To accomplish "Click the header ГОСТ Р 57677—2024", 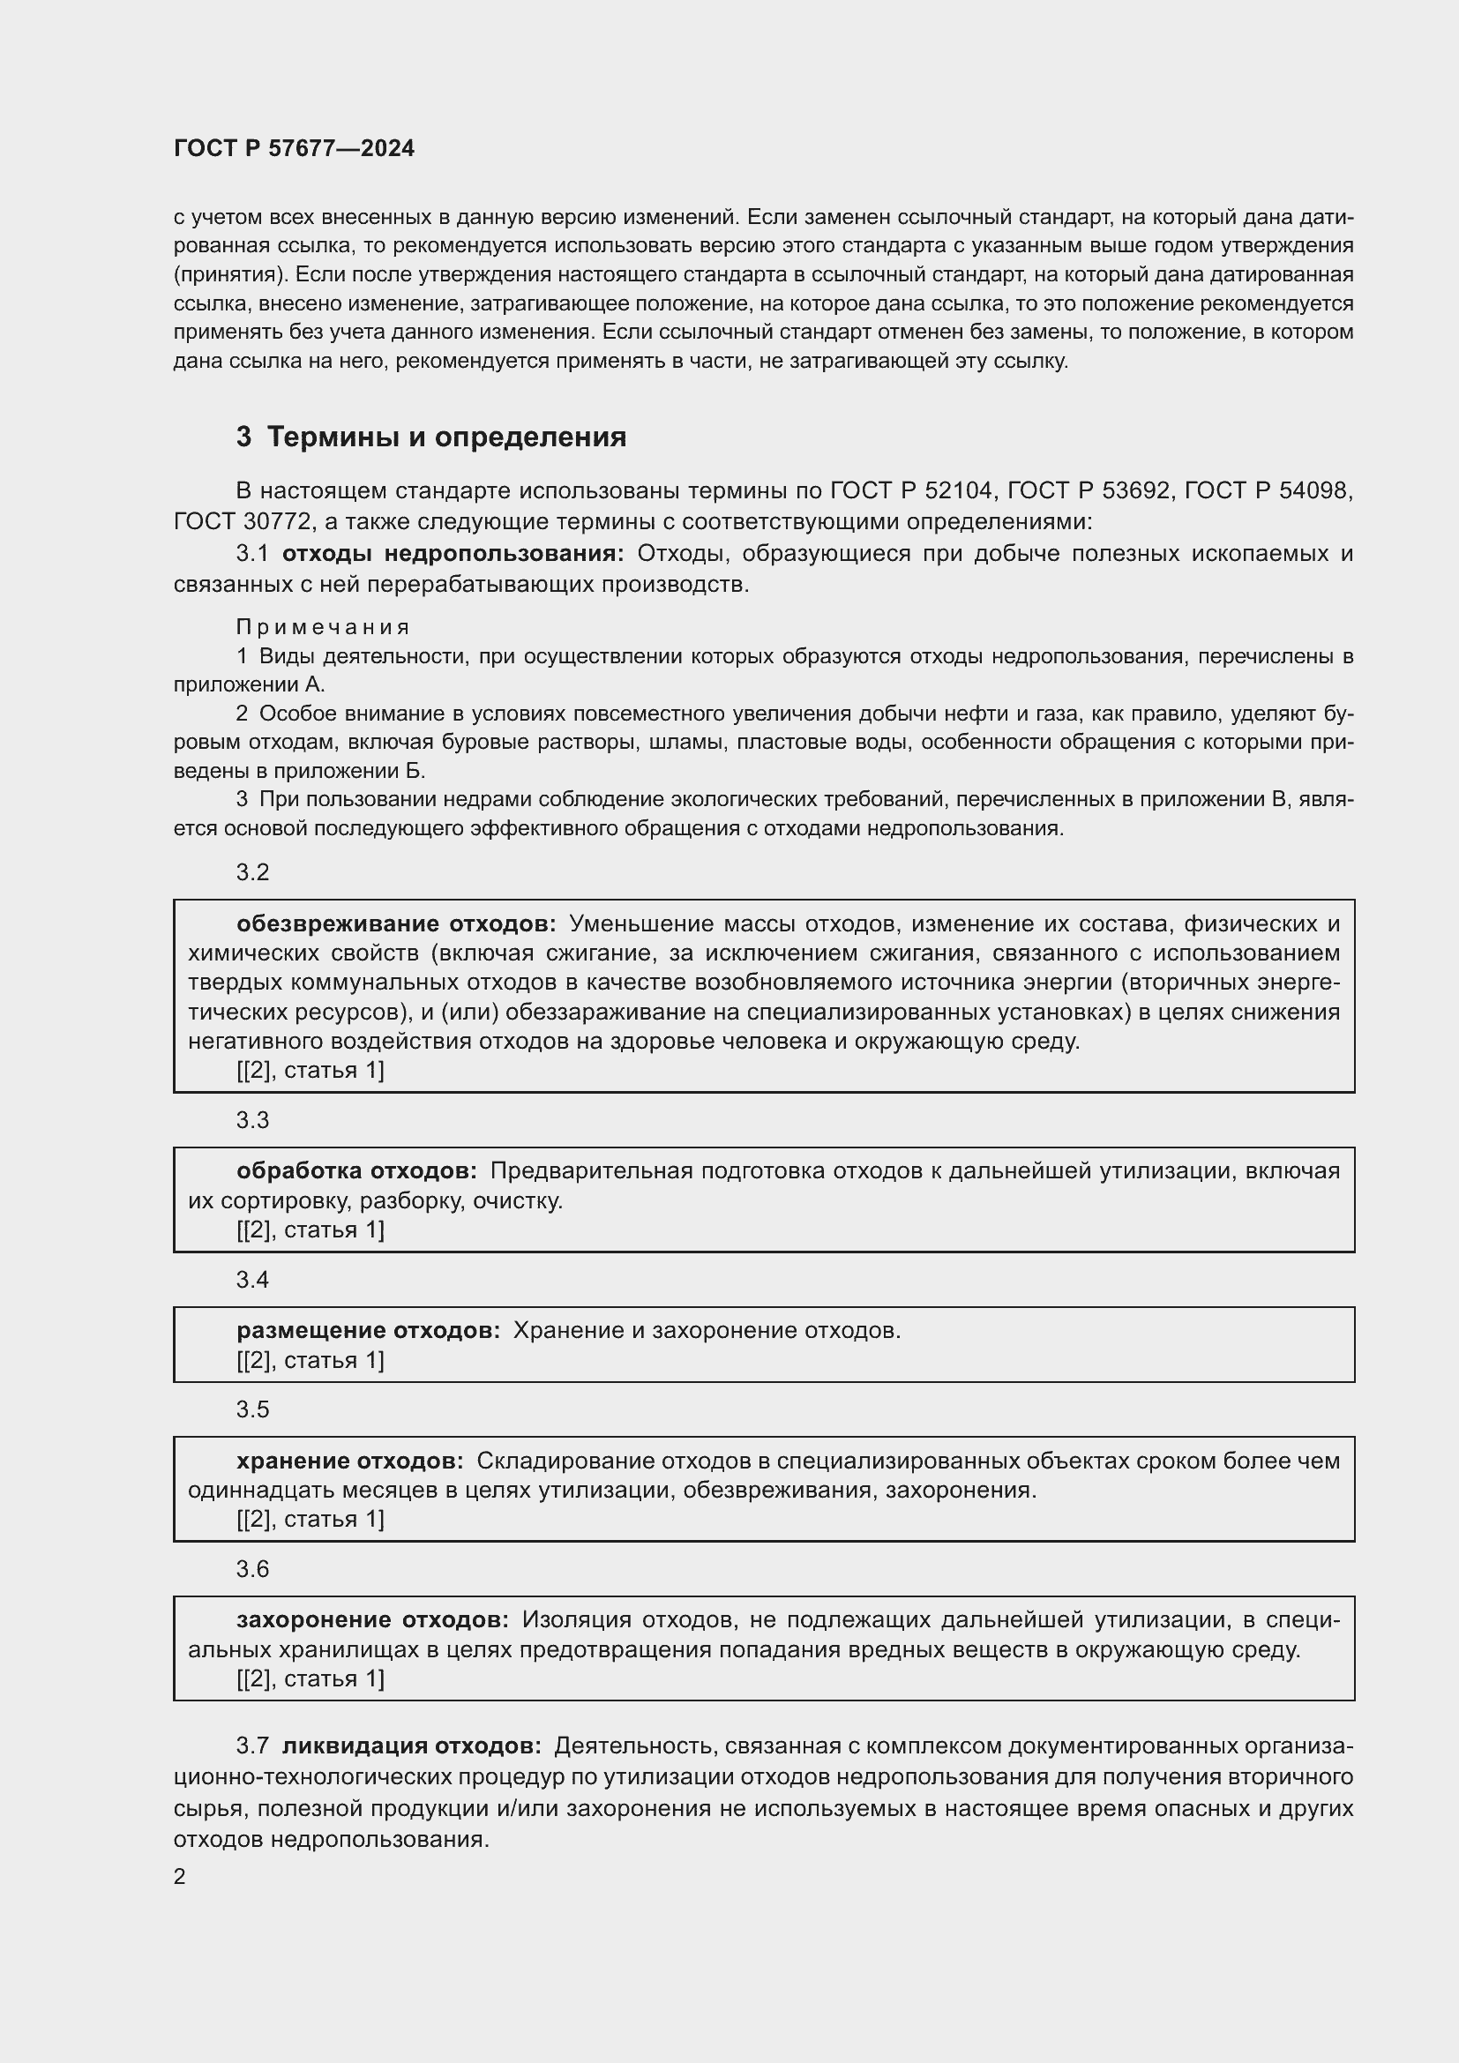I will [x=294, y=148].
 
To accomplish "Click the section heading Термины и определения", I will [x=446, y=437].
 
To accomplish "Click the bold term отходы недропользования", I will [x=453, y=554].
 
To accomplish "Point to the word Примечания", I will [x=324, y=627].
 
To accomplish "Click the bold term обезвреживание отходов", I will [x=396, y=923].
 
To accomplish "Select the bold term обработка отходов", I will [x=356, y=1170].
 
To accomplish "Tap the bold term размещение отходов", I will [x=369, y=1331].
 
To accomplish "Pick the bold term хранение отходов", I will [x=350, y=1461].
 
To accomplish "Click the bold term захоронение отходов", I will [x=373, y=1620].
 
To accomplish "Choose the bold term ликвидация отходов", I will [x=411, y=1745].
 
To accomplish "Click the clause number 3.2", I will [x=252, y=872].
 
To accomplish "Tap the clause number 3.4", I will [x=252, y=1280].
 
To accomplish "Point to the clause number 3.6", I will [x=252, y=1569].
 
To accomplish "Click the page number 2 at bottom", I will [x=180, y=1877].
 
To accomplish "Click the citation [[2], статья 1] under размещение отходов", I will [x=310, y=1360].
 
